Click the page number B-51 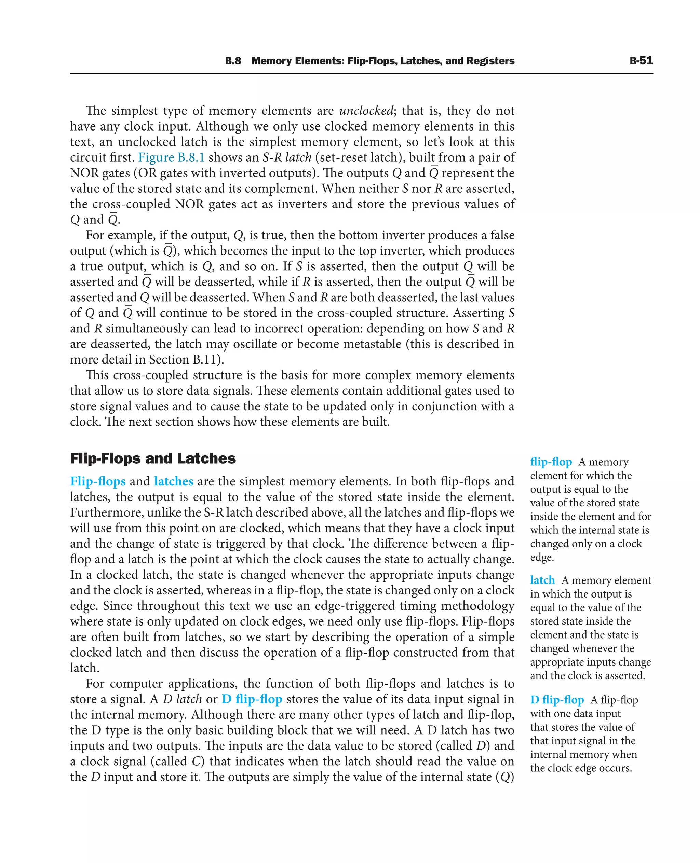pyautogui.click(x=641, y=60)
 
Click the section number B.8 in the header pyautogui.click(x=233, y=61)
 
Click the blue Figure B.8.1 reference pyautogui.click(x=171, y=157)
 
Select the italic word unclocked pyautogui.click(x=366, y=110)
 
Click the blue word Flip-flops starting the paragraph pyautogui.click(x=97, y=481)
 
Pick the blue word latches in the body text pyautogui.click(x=173, y=481)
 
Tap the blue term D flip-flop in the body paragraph pyautogui.click(x=252, y=699)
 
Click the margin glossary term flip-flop pyautogui.click(x=551, y=462)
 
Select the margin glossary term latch pyautogui.click(x=542, y=580)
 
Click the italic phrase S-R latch pyautogui.click(x=287, y=157)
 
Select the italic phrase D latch pyautogui.click(x=182, y=699)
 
